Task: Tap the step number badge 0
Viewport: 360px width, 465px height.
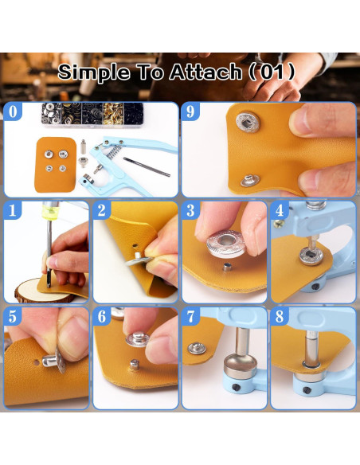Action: [x=12, y=112]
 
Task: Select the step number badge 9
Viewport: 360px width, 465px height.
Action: [x=190, y=112]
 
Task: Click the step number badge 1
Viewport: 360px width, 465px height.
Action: [x=12, y=212]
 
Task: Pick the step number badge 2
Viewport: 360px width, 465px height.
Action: [x=102, y=212]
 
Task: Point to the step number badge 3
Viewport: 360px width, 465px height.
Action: [x=190, y=212]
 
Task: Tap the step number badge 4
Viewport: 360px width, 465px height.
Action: [x=280, y=212]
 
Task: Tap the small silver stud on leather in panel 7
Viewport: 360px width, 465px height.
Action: [x=195, y=349]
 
